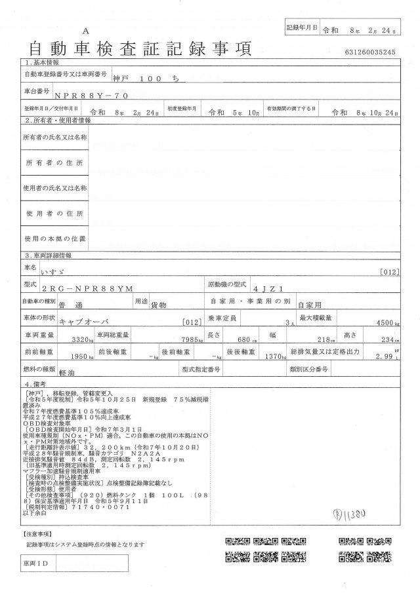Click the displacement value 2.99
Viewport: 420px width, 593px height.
(387, 357)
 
